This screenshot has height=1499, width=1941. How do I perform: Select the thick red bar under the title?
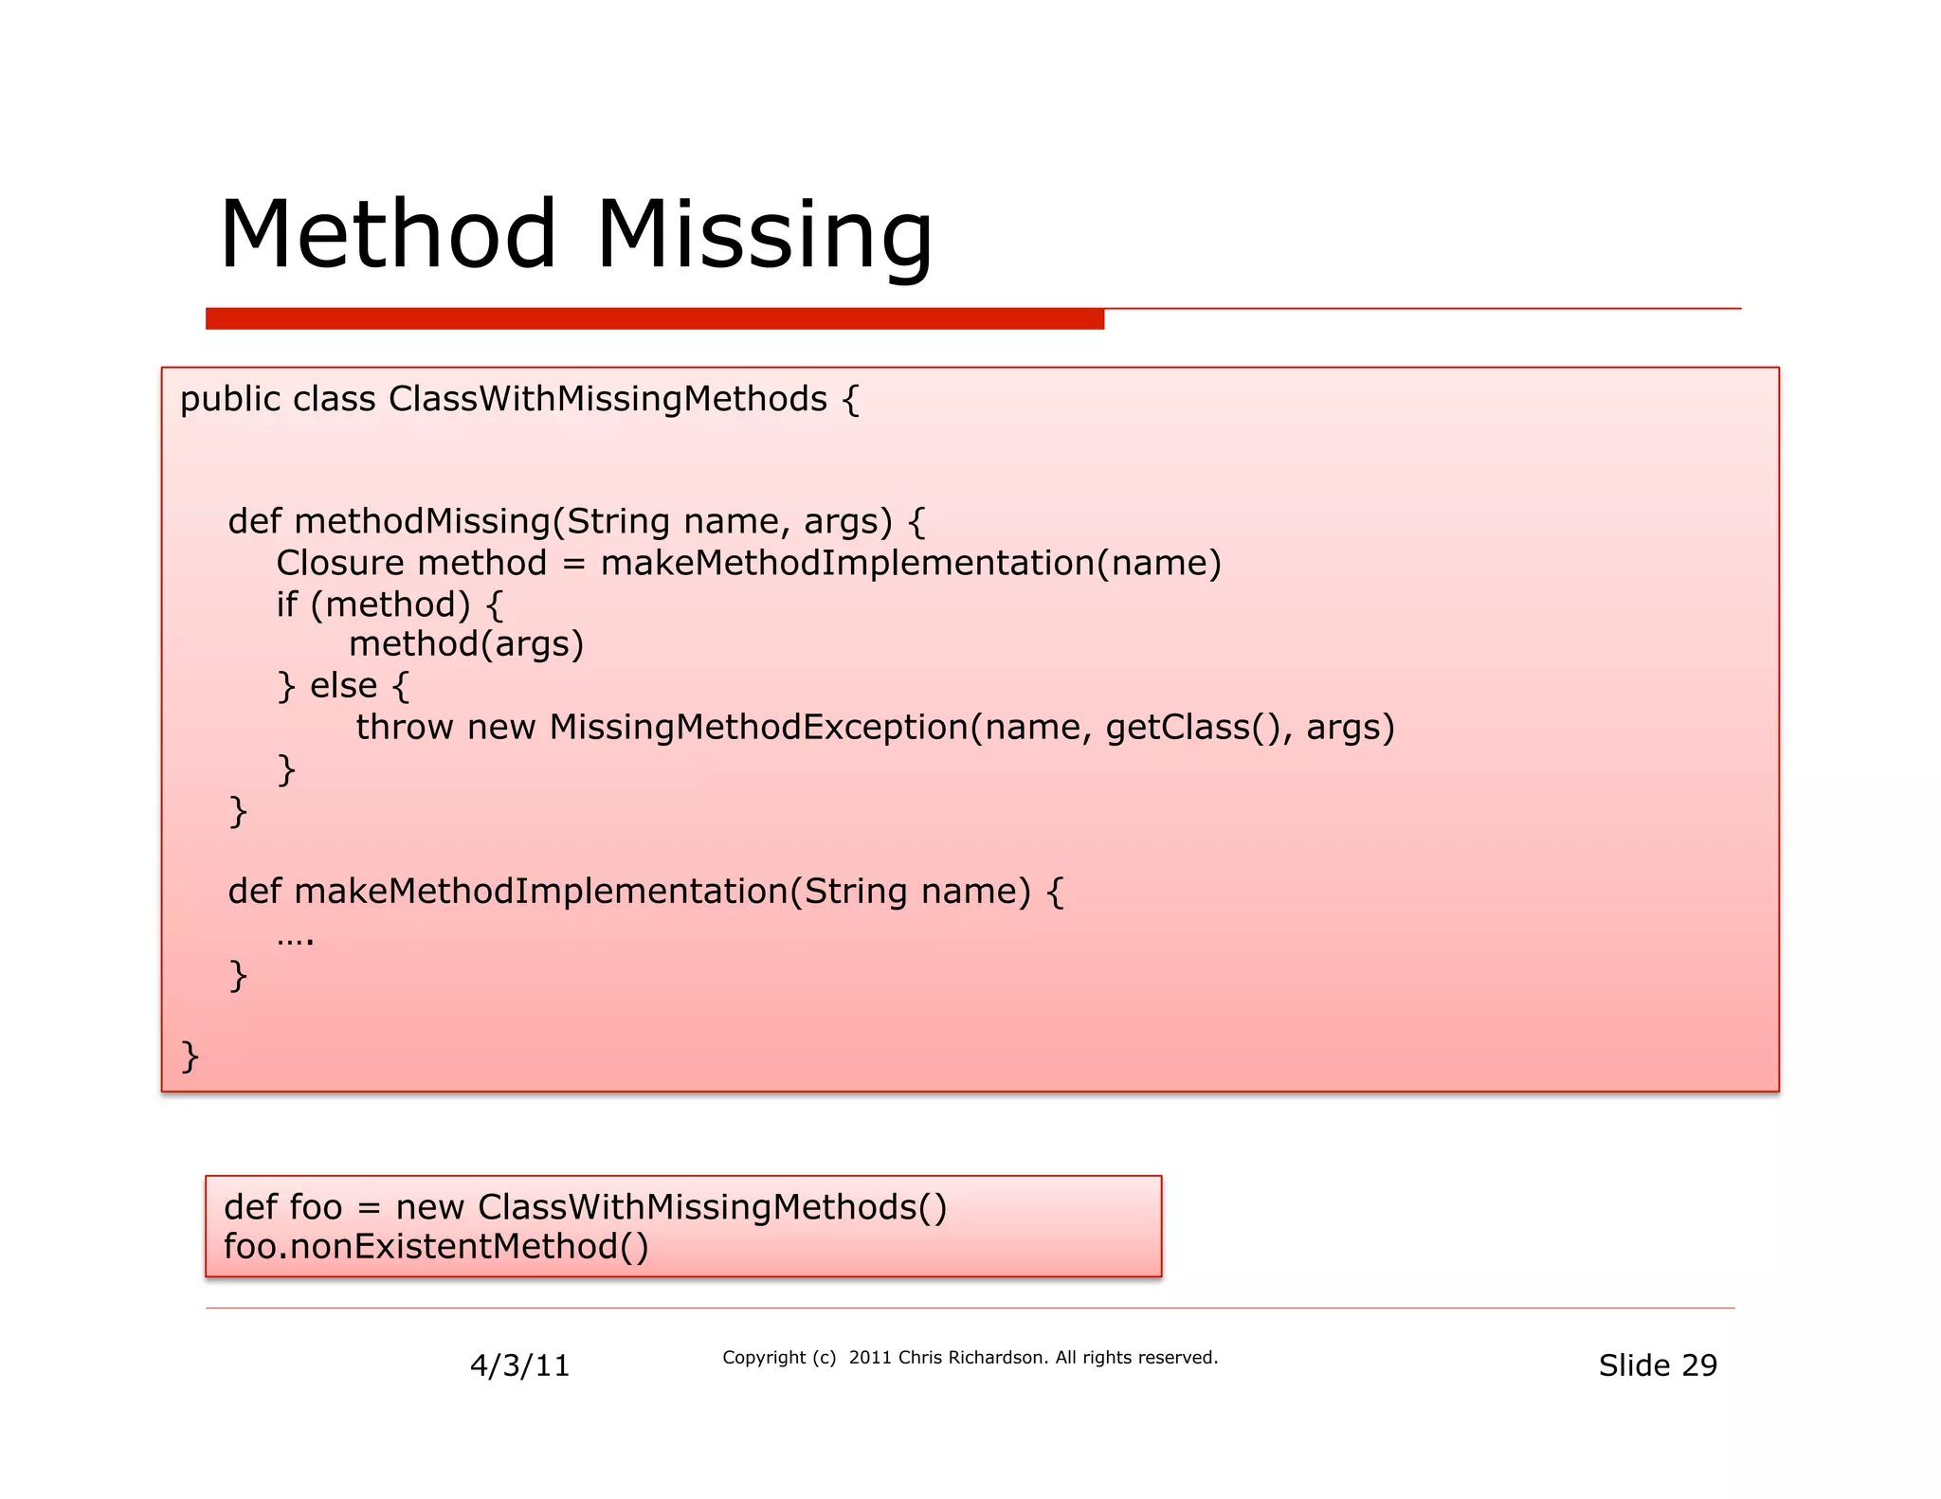click(654, 319)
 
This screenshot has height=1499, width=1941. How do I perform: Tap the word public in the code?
click(230, 400)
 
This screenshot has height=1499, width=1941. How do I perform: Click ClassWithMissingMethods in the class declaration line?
click(608, 400)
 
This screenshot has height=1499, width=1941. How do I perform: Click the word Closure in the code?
click(340, 564)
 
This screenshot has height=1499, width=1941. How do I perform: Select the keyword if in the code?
click(286, 605)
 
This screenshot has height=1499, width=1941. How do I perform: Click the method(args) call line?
click(465, 644)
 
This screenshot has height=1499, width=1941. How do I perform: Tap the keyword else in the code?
click(343, 685)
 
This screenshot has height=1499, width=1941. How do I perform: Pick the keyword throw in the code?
click(405, 727)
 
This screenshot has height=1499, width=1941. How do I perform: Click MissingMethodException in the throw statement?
click(758, 727)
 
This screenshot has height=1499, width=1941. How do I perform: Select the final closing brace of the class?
click(190, 1055)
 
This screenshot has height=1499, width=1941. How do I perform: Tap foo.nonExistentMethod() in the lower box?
click(436, 1247)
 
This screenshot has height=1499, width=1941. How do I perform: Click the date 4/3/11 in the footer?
click(519, 1365)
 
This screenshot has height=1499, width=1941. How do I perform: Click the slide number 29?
click(1698, 1365)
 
